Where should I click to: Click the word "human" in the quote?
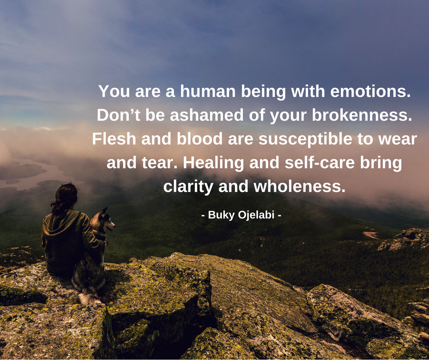tap(208, 91)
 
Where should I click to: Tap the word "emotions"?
tap(371, 91)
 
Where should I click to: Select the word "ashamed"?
tap(207, 115)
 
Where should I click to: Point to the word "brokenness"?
tap(362, 115)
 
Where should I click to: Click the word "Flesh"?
tap(114, 139)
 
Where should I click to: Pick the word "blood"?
tap(199, 139)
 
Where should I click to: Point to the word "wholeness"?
tap(299, 186)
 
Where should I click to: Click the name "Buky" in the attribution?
tap(221, 215)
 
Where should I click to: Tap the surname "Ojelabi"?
tap(256, 215)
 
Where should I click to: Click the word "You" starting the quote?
tap(114, 91)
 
